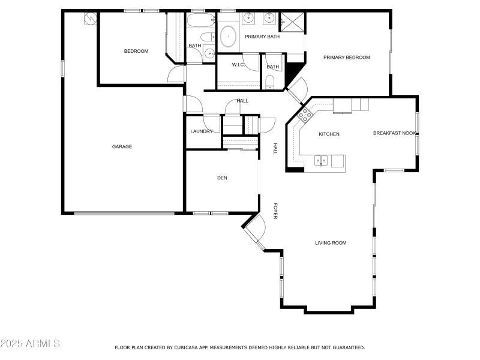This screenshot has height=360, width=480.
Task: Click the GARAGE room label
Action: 122,146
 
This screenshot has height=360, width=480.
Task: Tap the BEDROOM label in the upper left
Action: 136,51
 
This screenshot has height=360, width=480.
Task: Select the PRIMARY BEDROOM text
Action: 346,58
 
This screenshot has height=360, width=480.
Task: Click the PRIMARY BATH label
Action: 262,37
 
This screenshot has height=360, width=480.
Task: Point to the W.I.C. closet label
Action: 237,65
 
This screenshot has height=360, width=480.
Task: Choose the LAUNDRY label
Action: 202,131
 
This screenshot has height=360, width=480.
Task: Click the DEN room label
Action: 222,178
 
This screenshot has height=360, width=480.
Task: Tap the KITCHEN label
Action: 329,134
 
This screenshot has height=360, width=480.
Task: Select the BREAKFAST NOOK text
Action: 394,133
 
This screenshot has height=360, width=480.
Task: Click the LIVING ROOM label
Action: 331,243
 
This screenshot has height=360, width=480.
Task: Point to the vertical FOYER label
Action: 275,211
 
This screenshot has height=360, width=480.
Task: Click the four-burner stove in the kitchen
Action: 304,114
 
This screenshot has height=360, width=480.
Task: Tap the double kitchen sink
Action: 322,160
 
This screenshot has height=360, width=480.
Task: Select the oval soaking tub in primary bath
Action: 228,38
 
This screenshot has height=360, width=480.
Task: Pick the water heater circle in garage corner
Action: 90,18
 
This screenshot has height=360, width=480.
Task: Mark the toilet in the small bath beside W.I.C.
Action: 269,82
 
